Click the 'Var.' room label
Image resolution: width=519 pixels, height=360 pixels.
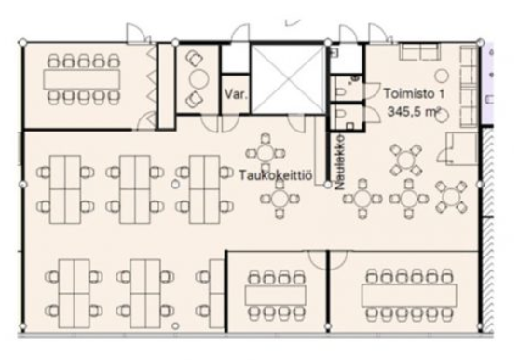[x=236, y=94]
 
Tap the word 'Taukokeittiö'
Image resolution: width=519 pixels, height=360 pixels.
[x=276, y=175]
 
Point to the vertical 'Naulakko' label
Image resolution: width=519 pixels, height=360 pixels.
[x=340, y=162]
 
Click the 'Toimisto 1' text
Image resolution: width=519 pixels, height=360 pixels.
[x=414, y=93]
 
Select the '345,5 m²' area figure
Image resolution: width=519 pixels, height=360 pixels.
[x=415, y=112]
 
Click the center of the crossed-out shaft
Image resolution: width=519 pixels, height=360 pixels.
[x=288, y=79]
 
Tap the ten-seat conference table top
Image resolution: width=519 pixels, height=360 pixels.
[x=82, y=79]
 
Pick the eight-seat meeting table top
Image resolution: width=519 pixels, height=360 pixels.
[x=276, y=296]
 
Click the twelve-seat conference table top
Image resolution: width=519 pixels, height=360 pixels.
[x=409, y=295]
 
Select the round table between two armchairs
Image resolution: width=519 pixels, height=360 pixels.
[x=198, y=79]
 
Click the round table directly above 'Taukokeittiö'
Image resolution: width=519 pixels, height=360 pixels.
[x=266, y=153]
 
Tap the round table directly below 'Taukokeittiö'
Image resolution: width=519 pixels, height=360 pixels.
[x=280, y=199]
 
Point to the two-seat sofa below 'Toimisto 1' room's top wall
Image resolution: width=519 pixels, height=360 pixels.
[x=419, y=51]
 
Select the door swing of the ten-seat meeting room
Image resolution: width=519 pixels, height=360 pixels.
[x=146, y=120]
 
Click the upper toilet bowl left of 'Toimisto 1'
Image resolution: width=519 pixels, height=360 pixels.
[x=340, y=90]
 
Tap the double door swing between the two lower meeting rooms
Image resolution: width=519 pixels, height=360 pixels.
[x=328, y=259]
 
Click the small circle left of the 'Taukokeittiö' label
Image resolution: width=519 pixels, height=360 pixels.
[x=175, y=184]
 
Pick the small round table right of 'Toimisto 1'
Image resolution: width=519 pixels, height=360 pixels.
[x=442, y=76]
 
